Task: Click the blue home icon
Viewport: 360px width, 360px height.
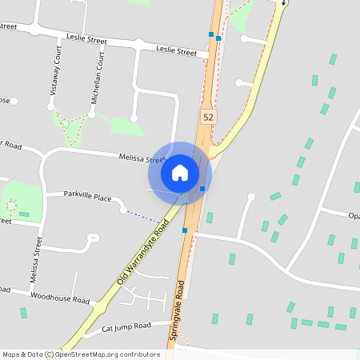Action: [x=179, y=172]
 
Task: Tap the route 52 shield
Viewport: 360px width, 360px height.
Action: [x=208, y=117]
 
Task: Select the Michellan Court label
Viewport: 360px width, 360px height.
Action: [x=97, y=80]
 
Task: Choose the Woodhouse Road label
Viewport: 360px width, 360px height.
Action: [x=60, y=298]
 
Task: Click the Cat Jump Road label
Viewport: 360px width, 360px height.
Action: [x=126, y=326]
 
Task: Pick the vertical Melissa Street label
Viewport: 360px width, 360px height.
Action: [x=34, y=263]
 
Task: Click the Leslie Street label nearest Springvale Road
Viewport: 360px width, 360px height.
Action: [x=177, y=52]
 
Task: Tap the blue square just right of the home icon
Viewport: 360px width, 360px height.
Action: [x=202, y=189]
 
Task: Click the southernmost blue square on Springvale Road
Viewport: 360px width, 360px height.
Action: [x=185, y=230]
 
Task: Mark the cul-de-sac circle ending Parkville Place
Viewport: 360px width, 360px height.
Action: [x=123, y=210]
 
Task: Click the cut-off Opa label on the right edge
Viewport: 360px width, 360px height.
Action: [x=354, y=215]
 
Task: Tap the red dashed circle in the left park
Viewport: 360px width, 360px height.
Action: [x=11, y=206]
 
